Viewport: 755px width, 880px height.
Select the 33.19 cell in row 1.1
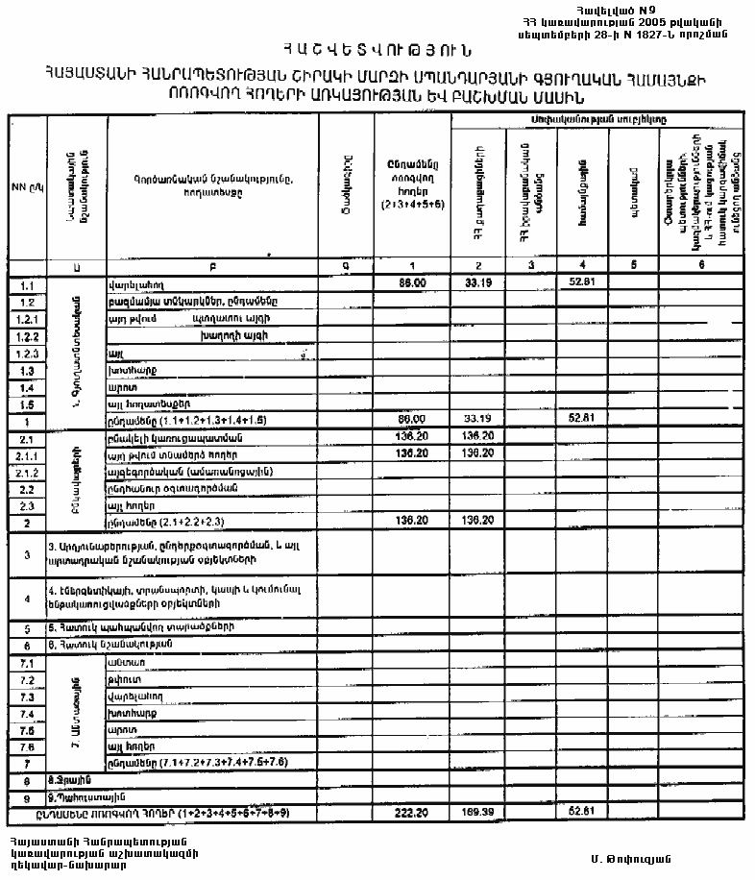[477, 283]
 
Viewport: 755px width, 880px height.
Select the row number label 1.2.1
[27, 319]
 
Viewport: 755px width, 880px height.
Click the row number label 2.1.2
[27, 473]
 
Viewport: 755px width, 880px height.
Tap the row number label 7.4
[27, 714]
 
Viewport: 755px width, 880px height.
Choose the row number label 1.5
[27, 405]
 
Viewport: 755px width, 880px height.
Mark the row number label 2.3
[27, 505]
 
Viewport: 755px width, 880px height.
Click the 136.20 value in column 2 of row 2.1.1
[477, 454]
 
